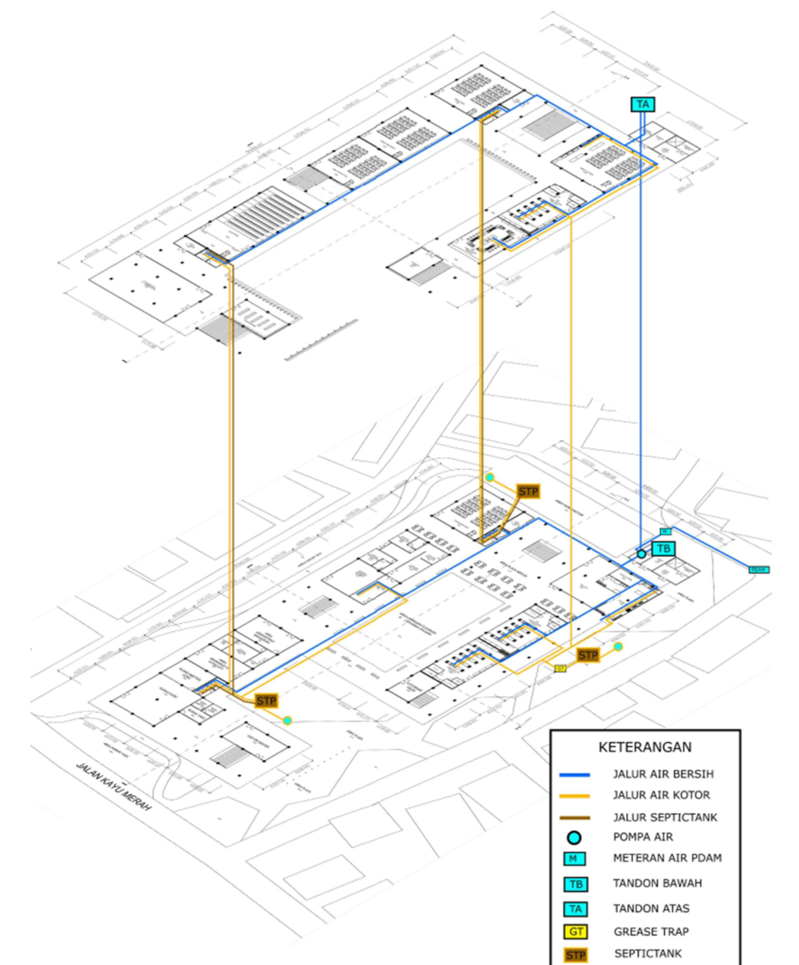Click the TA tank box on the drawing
pyautogui.click(x=643, y=105)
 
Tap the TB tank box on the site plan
pyautogui.click(x=663, y=549)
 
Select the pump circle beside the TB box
pyautogui.click(x=641, y=554)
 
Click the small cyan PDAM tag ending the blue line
pyautogui.click(x=758, y=570)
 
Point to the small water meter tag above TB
pyautogui.click(x=665, y=531)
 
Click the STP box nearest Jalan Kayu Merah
pyautogui.click(x=266, y=701)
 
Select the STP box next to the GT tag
pyautogui.click(x=588, y=655)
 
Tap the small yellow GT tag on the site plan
pyautogui.click(x=560, y=668)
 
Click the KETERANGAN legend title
pyautogui.click(x=645, y=747)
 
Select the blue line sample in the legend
pyautogui.click(x=574, y=775)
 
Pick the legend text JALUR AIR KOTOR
pyautogui.click(x=661, y=795)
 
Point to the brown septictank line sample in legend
pyautogui.click(x=574, y=818)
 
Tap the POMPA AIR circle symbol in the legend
pyautogui.click(x=574, y=838)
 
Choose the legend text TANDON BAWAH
pyautogui.click(x=657, y=883)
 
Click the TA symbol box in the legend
pyautogui.click(x=575, y=909)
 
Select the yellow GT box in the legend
pyautogui.click(x=576, y=932)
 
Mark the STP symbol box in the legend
pyautogui.click(x=575, y=955)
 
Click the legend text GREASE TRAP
pyautogui.click(x=651, y=932)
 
